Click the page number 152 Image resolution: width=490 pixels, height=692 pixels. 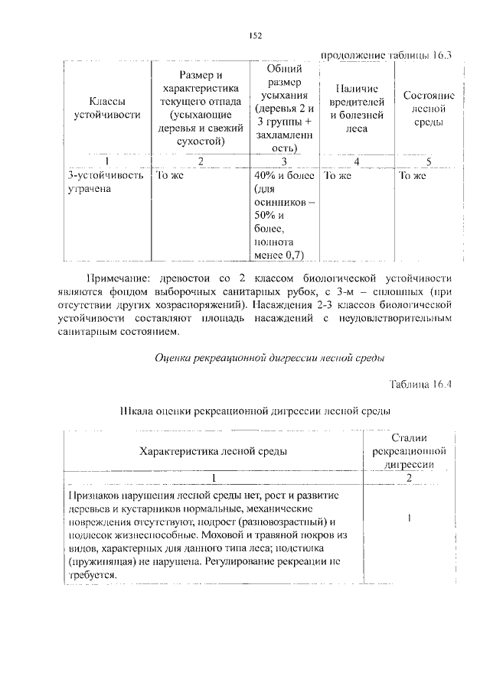(x=256, y=35)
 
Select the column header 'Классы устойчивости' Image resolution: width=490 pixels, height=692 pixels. (x=107, y=108)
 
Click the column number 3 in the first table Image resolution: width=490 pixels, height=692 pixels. (x=283, y=161)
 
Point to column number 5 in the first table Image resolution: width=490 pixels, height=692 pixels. (x=429, y=161)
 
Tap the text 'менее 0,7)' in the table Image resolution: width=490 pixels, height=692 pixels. (x=279, y=255)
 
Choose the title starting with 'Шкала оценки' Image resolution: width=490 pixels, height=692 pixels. (x=256, y=411)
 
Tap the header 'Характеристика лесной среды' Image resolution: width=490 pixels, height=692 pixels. (x=214, y=450)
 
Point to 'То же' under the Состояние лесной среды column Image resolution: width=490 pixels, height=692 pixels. (x=412, y=175)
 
